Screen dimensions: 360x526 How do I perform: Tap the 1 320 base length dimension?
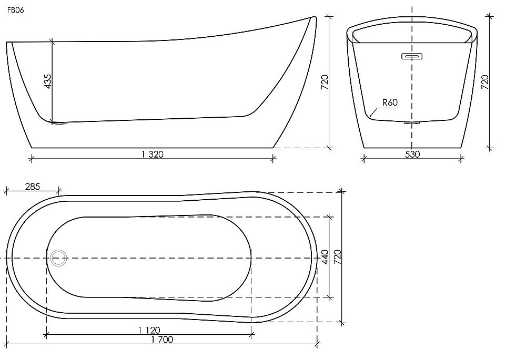coord(153,153)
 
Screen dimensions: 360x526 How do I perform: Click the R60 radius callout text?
coord(389,102)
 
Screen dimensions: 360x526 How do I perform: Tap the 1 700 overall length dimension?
coord(162,340)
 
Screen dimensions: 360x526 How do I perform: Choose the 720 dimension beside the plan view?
coord(337,256)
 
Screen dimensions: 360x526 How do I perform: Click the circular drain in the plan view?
coord(58,258)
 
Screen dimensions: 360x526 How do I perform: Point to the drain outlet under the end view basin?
coord(412,124)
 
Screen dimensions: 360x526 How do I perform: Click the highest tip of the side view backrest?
coord(314,17)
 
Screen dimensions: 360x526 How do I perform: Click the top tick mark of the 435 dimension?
coord(53,41)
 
